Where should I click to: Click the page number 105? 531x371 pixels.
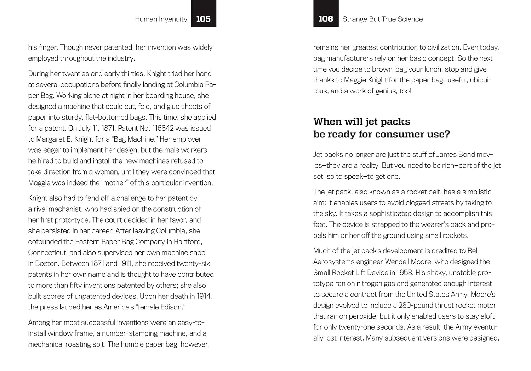click(203, 19)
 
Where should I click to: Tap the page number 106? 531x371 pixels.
click(326, 19)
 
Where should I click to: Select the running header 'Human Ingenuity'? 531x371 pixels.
click(161, 19)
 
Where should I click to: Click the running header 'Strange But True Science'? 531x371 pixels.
click(383, 19)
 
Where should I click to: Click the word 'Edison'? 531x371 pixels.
click(172, 307)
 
